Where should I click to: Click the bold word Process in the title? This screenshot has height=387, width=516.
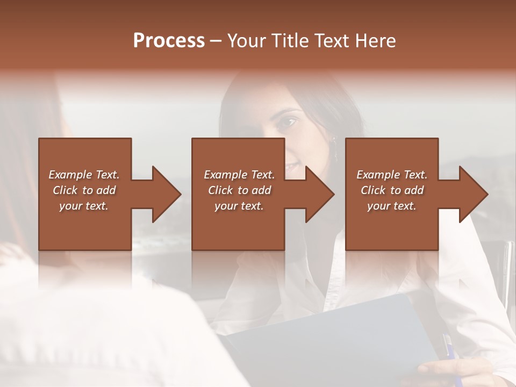click(x=169, y=40)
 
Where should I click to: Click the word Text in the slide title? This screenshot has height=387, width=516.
click(x=334, y=40)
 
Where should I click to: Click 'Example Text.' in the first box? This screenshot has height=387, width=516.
click(x=84, y=175)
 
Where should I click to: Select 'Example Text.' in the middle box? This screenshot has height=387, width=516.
click(x=239, y=175)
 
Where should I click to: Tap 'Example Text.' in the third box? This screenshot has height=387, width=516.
click(x=392, y=175)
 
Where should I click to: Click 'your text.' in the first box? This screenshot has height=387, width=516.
click(x=84, y=206)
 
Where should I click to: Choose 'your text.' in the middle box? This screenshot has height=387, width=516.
click(x=239, y=206)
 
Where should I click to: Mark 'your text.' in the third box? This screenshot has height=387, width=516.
click(x=392, y=206)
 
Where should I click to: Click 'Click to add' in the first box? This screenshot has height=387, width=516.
click(x=84, y=190)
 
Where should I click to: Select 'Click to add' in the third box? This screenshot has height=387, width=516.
click(x=392, y=190)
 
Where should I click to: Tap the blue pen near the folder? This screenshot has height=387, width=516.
click(x=448, y=347)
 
